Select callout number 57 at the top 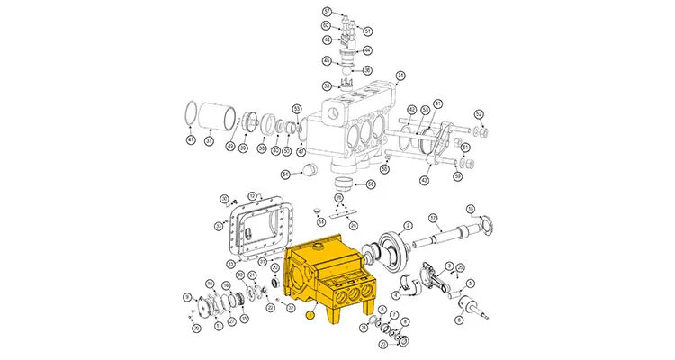328,11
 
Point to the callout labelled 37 209,140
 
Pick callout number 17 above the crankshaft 432,217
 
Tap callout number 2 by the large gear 408,225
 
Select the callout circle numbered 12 253,196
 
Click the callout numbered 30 224,199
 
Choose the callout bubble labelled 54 285,174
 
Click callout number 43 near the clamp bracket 426,179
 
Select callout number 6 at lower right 459,319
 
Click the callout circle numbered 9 185,296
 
